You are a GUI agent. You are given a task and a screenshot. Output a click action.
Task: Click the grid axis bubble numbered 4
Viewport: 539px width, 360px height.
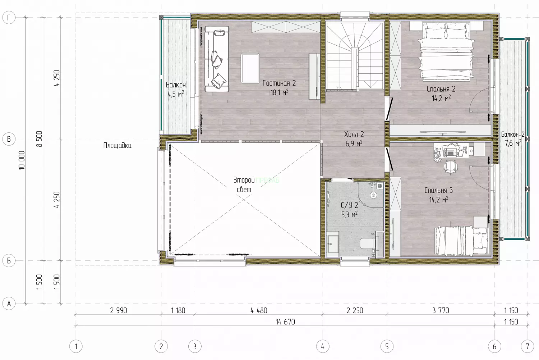pyautogui.click(x=322, y=347)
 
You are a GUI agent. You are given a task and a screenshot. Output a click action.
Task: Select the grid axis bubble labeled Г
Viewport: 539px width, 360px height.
pyautogui.click(x=9, y=18)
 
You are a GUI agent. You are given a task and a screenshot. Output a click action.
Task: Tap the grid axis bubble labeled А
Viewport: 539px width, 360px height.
pyautogui.click(x=9, y=304)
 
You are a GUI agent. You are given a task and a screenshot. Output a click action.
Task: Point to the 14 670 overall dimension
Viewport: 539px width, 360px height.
pyautogui.click(x=285, y=322)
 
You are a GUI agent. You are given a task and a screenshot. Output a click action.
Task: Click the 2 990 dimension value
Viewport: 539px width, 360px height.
pyautogui.click(x=118, y=311)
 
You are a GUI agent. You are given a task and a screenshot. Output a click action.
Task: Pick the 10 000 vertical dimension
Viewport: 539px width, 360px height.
pyautogui.click(x=22, y=160)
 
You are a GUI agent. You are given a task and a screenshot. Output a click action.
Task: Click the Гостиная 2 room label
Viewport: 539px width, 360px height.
pyautogui.click(x=279, y=83)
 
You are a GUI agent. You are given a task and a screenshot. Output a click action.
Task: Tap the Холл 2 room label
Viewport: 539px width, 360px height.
pyautogui.click(x=354, y=134)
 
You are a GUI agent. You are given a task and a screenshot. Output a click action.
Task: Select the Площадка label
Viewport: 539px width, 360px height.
pyautogui.click(x=118, y=145)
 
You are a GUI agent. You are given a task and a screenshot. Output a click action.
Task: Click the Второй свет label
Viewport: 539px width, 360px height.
pyautogui.click(x=244, y=185)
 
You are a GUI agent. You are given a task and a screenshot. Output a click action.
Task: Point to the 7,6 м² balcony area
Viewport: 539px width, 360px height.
pyautogui.click(x=513, y=143)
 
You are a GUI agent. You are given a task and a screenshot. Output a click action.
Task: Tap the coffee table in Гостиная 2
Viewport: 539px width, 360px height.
pyautogui.click(x=250, y=68)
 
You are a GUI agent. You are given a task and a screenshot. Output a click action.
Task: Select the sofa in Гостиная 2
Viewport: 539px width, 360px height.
pyautogui.click(x=217, y=59)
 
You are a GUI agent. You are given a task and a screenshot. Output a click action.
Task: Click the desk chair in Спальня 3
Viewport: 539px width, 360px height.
pyautogui.click(x=451, y=167)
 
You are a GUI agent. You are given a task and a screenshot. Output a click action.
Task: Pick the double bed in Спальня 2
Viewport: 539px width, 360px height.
pyautogui.click(x=446, y=51)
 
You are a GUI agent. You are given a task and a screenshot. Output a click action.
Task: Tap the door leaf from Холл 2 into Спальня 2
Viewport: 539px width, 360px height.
pyautogui.click(x=389, y=109)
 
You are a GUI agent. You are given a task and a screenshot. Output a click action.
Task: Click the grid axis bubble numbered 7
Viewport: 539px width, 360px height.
pyautogui.click(x=527, y=347)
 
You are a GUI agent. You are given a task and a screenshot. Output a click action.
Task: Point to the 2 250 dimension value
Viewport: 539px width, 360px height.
pyautogui.click(x=355, y=311)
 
